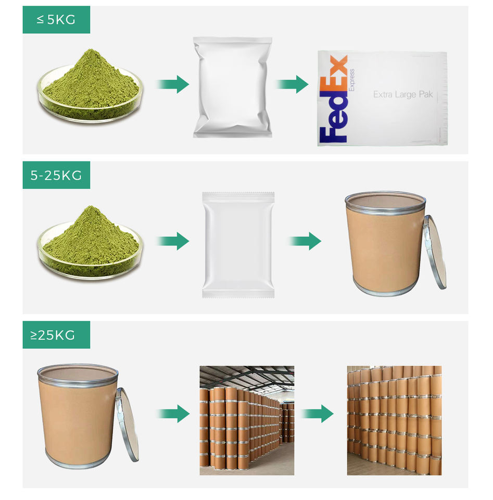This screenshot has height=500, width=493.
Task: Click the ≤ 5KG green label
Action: [x=56, y=20]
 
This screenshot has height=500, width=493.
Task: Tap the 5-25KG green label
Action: [x=56, y=175]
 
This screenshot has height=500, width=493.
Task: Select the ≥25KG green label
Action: [x=56, y=335]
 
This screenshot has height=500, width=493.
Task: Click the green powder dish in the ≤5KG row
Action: [x=90, y=87]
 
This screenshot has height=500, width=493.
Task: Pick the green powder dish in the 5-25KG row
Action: [x=90, y=243]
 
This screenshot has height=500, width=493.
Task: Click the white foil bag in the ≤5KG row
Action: [x=233, y=87]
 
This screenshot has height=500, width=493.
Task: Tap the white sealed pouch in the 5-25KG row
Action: [x=238, y=245]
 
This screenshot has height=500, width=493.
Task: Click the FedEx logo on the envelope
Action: [x=333, y=99]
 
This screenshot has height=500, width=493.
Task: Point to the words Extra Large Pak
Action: [x=403, y=94]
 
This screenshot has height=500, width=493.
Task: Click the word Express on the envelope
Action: [x=351, y=80]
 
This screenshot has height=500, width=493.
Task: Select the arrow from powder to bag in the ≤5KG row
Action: [x=173, y=84]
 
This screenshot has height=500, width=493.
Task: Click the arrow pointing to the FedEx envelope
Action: [x=292, y=84]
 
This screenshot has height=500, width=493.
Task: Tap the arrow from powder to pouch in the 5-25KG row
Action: [x=173, y=241]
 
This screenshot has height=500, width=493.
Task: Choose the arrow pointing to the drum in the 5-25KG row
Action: [x=305, y=241]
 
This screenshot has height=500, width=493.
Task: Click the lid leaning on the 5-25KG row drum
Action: [x=435, y=252]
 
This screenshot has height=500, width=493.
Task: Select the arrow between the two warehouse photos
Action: [x=317, y=414]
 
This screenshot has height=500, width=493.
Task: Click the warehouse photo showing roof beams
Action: [x=247, y=421]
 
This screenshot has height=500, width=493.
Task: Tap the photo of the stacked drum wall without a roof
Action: [x=394, y=421]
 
